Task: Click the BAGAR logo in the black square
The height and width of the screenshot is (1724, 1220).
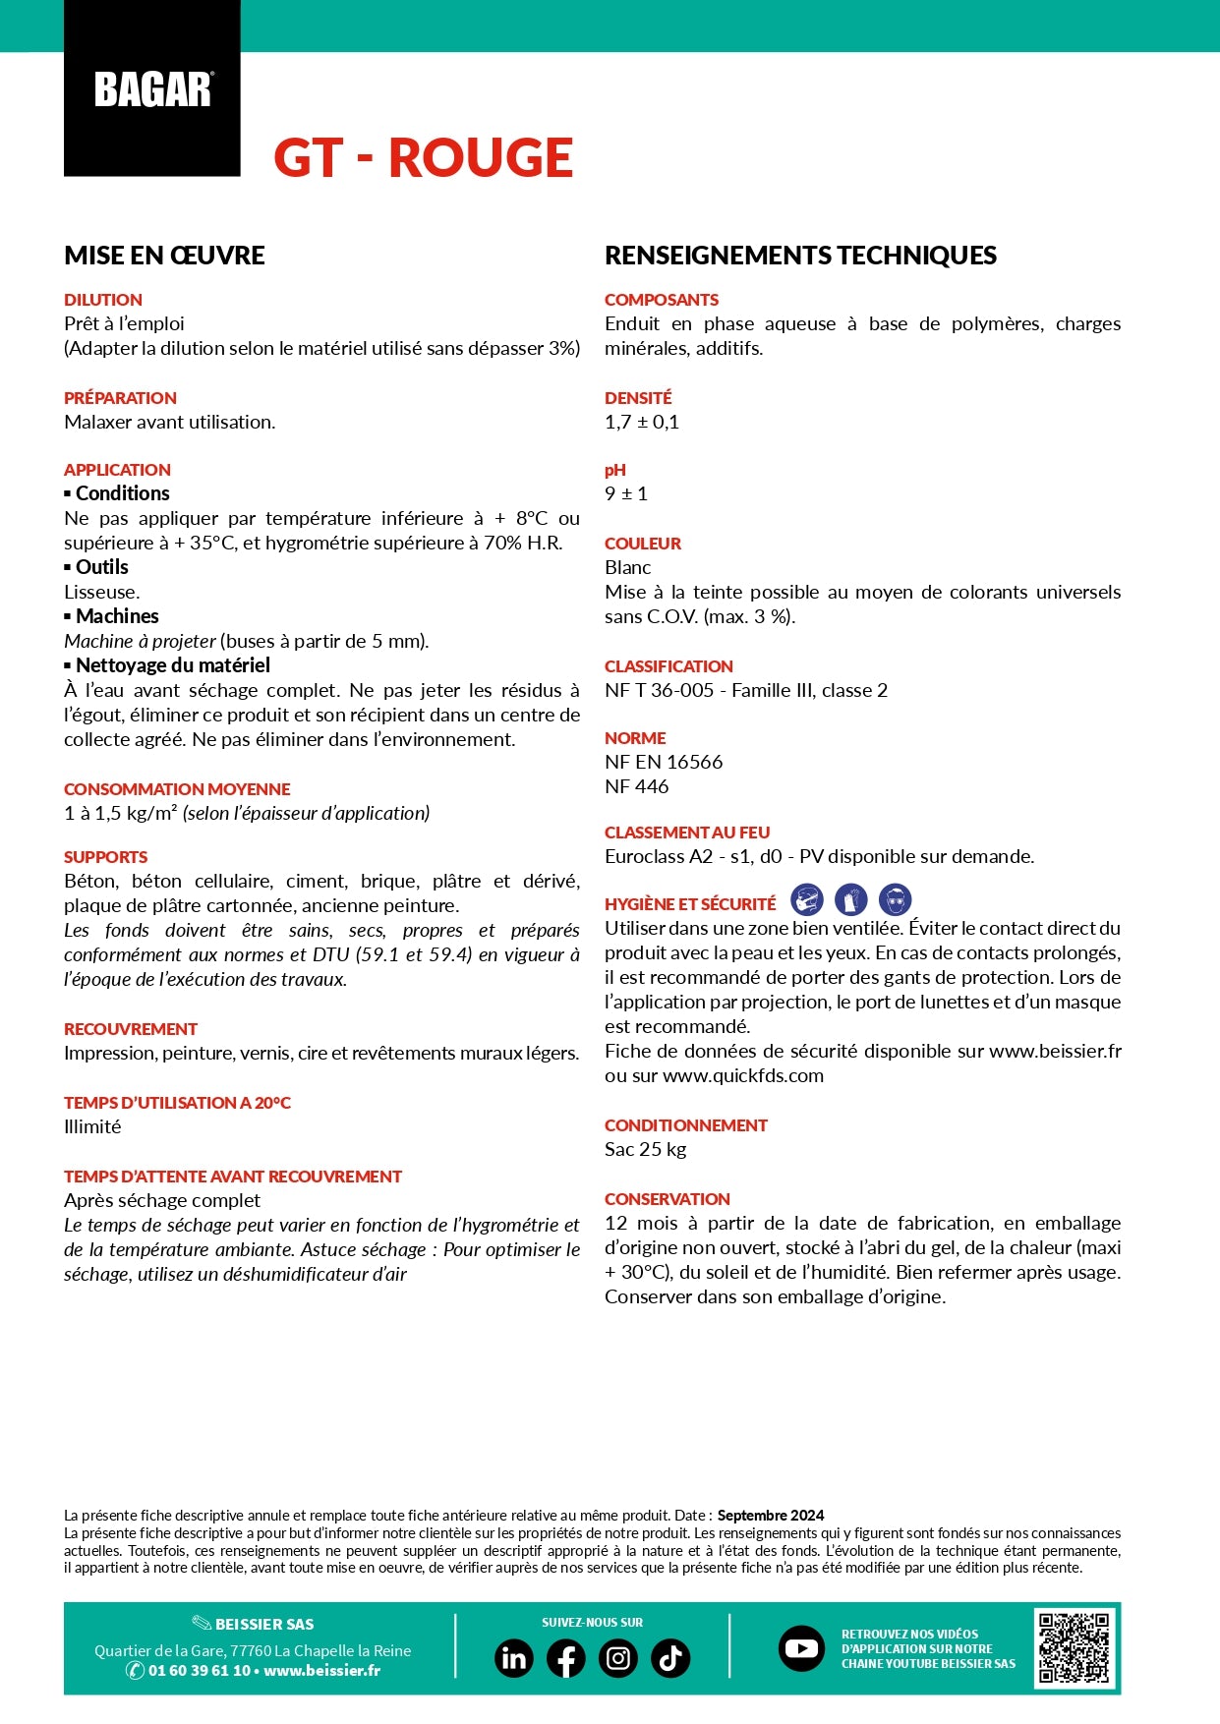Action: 152,89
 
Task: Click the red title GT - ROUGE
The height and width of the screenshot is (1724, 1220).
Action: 423,158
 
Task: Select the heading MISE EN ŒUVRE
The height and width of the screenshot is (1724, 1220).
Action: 164,256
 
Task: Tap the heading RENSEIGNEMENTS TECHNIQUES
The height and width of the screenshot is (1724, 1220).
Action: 800,256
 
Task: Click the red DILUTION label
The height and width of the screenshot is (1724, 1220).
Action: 103,300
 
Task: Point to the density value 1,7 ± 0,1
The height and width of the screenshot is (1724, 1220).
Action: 642,422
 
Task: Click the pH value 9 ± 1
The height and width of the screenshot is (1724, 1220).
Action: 626,493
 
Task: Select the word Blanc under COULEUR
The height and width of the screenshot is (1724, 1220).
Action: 628,567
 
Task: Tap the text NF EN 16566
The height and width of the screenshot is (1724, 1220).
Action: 664,762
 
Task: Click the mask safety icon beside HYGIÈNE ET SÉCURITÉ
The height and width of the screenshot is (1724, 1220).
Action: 807,899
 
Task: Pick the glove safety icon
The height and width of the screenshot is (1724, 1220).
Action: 851,899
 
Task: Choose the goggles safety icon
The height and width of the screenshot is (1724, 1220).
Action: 895,899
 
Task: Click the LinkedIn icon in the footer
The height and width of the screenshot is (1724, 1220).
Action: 513,1658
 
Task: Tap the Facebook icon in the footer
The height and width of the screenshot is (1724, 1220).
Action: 565,1658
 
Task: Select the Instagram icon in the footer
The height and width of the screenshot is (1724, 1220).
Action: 617,1658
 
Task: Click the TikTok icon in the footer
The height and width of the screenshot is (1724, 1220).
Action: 670,1658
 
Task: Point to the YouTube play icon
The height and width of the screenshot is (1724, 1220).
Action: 801,1648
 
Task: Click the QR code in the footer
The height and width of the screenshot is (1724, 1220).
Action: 1075,1648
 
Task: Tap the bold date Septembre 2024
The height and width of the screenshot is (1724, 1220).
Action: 771,1515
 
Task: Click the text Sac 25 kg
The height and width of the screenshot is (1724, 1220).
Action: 646,1149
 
